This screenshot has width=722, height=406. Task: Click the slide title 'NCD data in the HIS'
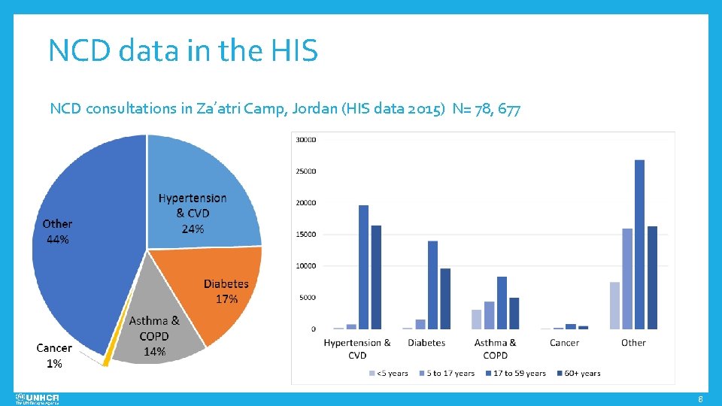[x=183, y=51]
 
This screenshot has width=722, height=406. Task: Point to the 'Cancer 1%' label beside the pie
[x=54, y=356]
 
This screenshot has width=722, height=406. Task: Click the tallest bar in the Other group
[x=639, y=244]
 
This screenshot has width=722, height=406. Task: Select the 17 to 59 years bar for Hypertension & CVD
[x=363, y=267]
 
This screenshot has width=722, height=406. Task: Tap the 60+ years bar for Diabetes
[x=445, y=298]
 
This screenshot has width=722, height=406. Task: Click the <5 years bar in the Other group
[x=614, y=305]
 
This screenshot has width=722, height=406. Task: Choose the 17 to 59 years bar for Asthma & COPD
[x=502, y=302]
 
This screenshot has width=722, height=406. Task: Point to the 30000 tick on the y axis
[x=305, y=140]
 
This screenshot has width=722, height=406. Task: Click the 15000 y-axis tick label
[x=305, y=235]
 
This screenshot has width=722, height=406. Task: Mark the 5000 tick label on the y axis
[x=307, y=298]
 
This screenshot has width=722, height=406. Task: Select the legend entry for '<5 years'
[x=390, y=373]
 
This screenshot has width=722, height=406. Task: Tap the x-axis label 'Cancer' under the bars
[x=564, y=343]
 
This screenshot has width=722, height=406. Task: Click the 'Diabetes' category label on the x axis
[x=426, y=343]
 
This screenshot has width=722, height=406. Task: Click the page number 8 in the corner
[x=700, y=398]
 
